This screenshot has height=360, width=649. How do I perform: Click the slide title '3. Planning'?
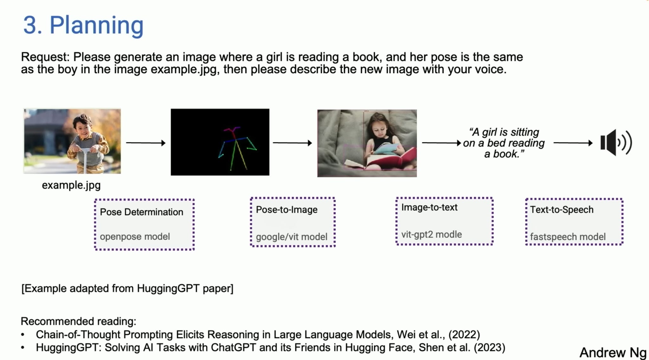click(83, 25)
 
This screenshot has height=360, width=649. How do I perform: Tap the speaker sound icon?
click(616, 143)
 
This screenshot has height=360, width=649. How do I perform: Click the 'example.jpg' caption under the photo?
click(71, 185)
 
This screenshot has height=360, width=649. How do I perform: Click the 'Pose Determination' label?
click(141, 212)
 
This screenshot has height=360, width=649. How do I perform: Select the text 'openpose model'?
click(135, 237)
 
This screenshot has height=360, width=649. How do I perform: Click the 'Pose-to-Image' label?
click(286, 210)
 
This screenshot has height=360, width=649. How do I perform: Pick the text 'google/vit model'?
click(291, 237)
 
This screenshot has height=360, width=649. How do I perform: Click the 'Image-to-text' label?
click(429, 208)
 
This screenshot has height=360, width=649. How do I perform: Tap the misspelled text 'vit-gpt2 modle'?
click(431, 235)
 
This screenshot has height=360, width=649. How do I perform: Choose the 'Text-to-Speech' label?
click(562, 210)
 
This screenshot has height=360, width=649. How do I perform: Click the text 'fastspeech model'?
click(568, 237)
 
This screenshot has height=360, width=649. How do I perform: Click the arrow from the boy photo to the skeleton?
click(145, 143)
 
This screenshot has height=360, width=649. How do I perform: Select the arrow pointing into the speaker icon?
click(573, 143)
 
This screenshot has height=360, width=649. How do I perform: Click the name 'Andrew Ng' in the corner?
click(613, 352)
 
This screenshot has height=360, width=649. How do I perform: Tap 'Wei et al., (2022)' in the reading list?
click(438, 335)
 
